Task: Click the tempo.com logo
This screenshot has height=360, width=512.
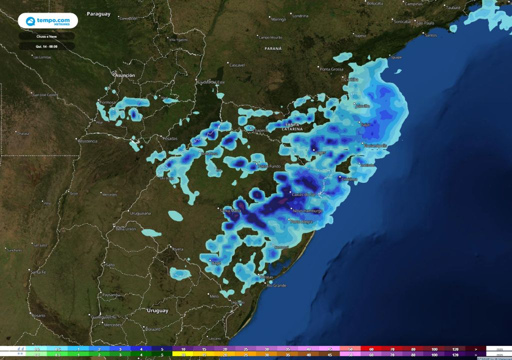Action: click(x=48, y=21)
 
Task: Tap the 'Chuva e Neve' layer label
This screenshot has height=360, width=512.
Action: click(x=46, y=36)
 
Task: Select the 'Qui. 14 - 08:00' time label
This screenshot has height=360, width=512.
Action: click(x=46, y=46)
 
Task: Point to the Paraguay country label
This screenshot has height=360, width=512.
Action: click(x=98, y=14)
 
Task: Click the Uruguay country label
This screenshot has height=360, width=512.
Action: click(x=157, y=310)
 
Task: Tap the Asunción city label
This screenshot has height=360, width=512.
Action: click(x=125, y=75)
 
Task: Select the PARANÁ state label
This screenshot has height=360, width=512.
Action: click(x=273, y=49)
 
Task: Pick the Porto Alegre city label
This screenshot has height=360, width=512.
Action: click(x=301, y=221)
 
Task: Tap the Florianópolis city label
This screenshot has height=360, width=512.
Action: click(x=375, y=145)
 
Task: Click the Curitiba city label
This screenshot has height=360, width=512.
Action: click(x=351, y=79)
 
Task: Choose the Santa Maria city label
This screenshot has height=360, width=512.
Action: click(x=231, y=211)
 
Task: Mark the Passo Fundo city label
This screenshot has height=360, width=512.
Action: click(x=269, y=166)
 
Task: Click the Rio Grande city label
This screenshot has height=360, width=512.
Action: click(x=276, y=285)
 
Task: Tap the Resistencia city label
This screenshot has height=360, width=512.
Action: click(x=87, y=141)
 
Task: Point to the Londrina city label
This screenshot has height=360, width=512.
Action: click(x=300, y=16)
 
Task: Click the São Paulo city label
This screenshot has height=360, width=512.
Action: click(x=426, y=23)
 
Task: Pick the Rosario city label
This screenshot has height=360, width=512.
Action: click(x=38, y=316)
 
